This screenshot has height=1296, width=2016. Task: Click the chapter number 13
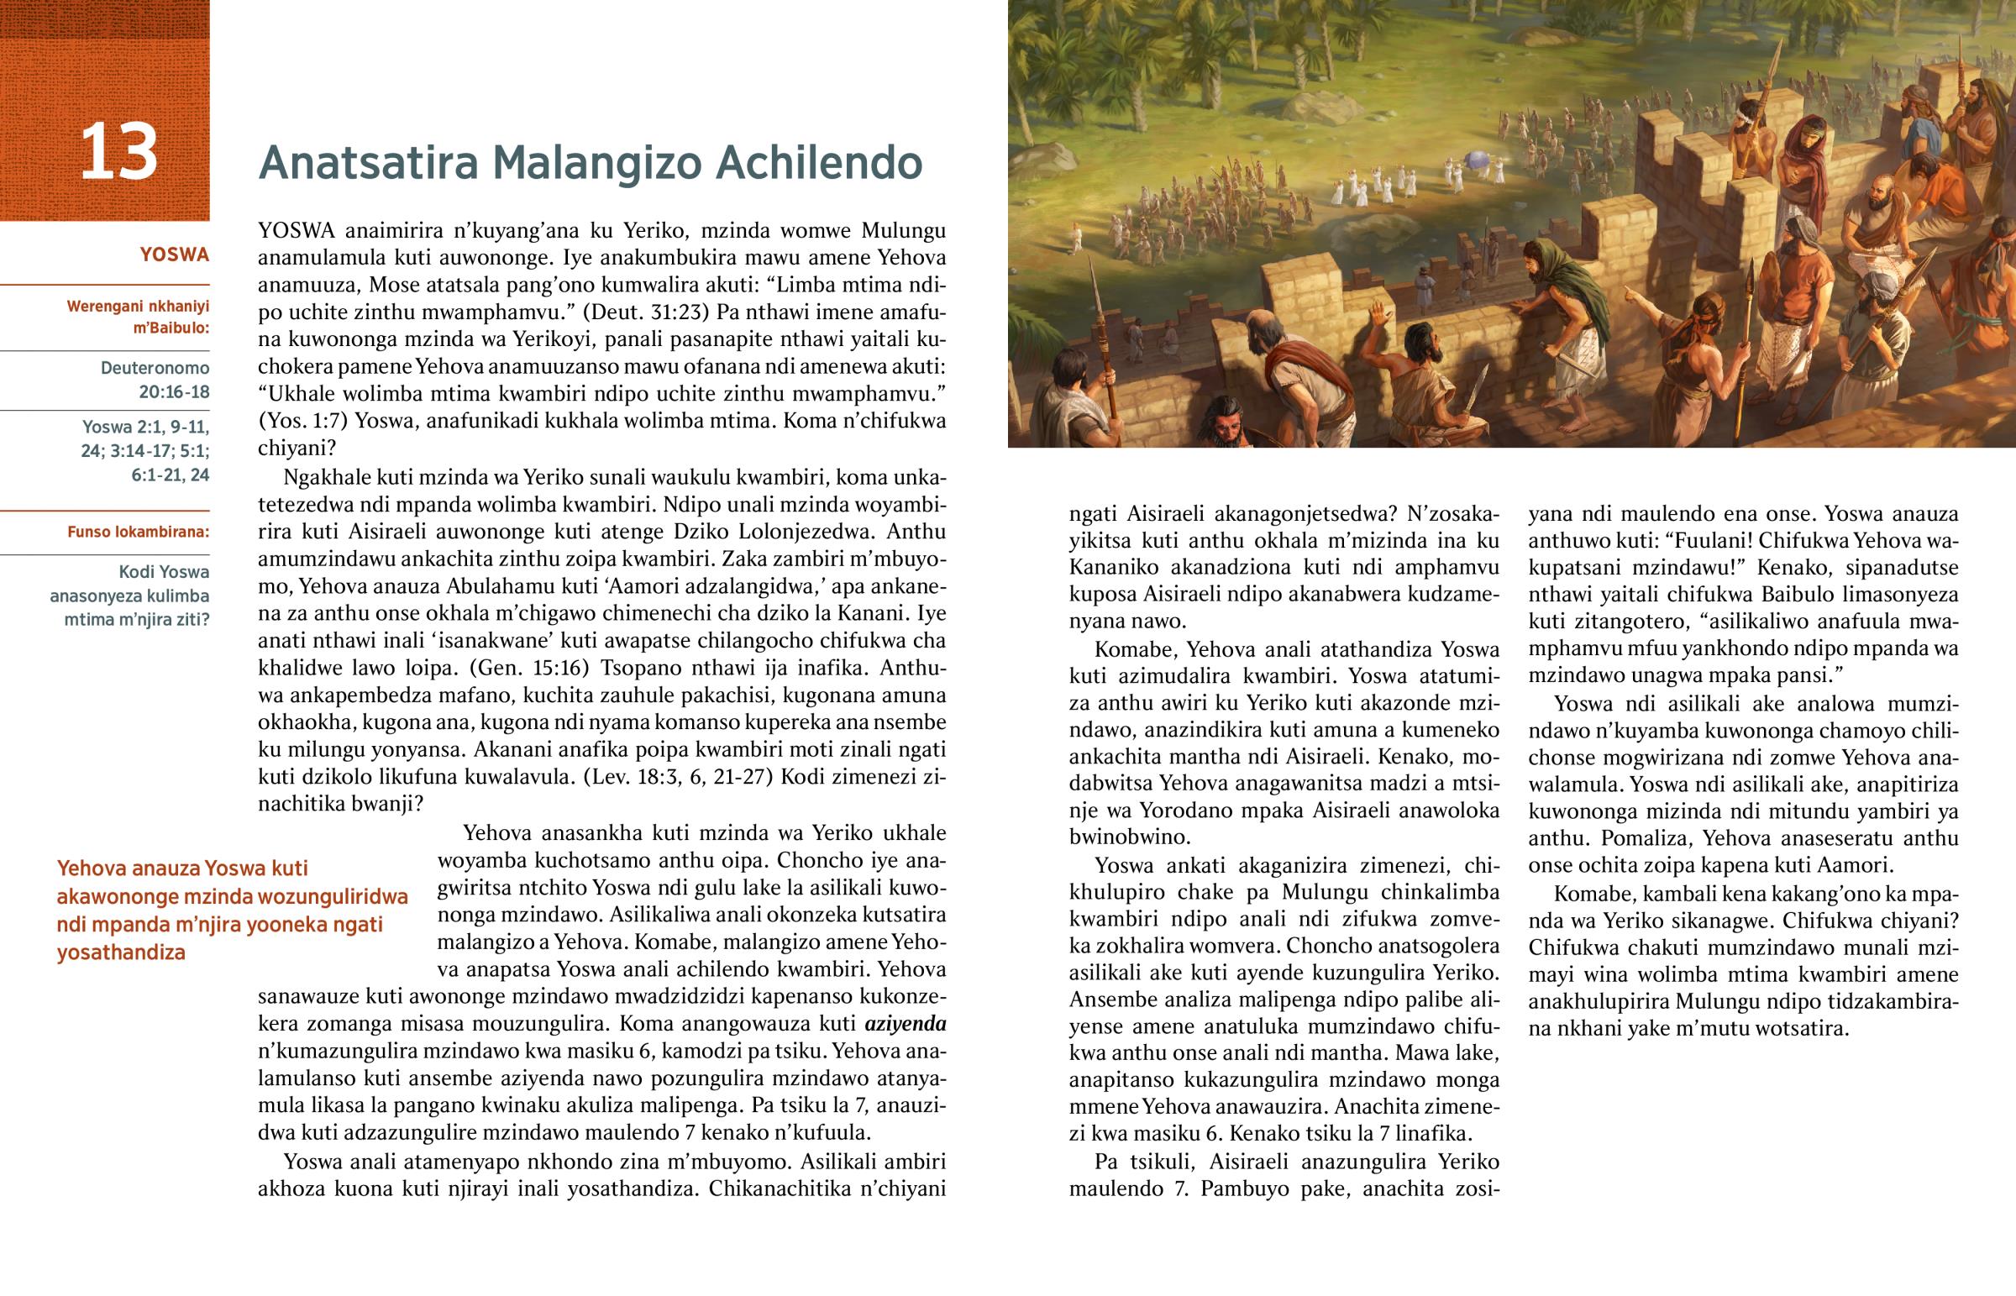click(118, 152)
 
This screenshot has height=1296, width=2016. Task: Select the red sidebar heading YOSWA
click(174, 255)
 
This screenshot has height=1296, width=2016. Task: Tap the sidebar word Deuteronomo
click(155, 368)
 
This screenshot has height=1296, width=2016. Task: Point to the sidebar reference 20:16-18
click(174, 391)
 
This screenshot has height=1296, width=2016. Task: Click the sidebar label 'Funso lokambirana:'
click(138, 532)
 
